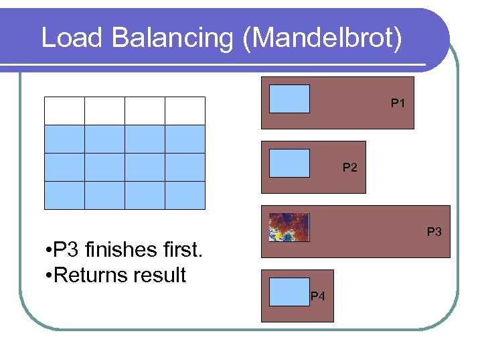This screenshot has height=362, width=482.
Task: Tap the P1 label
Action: click(x=398, y=104)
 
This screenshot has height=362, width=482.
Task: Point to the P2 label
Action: click(x=350, y=168)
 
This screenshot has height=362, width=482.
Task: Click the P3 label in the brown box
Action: click(x=435, y=232)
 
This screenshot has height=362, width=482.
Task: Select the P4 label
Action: click(x=318, y=296)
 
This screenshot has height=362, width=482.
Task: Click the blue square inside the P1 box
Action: click(x=289, y=99)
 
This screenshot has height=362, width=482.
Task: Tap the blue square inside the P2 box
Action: click(x=289, y=163)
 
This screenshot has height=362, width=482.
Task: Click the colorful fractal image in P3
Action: click(x=289, y=227)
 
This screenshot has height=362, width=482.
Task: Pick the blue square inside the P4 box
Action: click(x=289, y=292)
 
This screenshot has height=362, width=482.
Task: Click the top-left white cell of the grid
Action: click(x=64, y=111)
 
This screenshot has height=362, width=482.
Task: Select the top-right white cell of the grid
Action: click(x=185, y=111)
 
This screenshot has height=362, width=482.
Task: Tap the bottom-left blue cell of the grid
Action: click(x=64, y=195)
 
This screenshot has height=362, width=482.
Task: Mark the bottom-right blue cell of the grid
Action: click(x=185, y=195)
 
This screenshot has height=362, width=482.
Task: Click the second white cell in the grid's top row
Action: click(x=104, y=111)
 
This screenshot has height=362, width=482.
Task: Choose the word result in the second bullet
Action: click(x=160, y=274)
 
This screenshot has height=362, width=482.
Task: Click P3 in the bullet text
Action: click(x=64, y=251)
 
